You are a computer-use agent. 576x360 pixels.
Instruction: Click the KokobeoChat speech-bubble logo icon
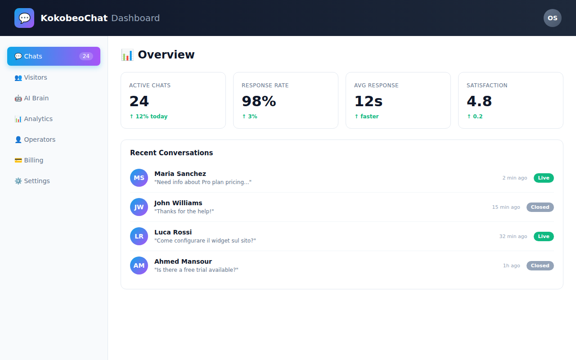tap(24, 18)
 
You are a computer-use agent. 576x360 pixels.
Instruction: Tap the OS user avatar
tap(552, 18)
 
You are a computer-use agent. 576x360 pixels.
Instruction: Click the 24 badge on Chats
tap(86, 56)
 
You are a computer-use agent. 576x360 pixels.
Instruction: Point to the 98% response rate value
tap(259, 101)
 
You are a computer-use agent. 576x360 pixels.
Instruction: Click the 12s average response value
tap(368, 101)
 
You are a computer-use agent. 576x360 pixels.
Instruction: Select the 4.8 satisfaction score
tap(479, 101)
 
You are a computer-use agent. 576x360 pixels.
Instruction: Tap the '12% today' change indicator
tap(148, 117)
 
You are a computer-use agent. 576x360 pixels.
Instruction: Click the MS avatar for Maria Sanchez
tap(139, 178)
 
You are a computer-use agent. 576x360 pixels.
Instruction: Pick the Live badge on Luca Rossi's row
tap(544, 236)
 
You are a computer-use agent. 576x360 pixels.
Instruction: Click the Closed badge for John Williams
tap(540, 207)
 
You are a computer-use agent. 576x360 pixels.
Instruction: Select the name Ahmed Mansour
tap(183, 261)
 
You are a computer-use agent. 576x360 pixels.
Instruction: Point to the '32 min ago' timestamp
tap(513, 236)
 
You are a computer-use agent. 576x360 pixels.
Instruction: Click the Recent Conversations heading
tap(171, 153)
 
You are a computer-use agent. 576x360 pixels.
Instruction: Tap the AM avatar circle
tap(139, 265)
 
